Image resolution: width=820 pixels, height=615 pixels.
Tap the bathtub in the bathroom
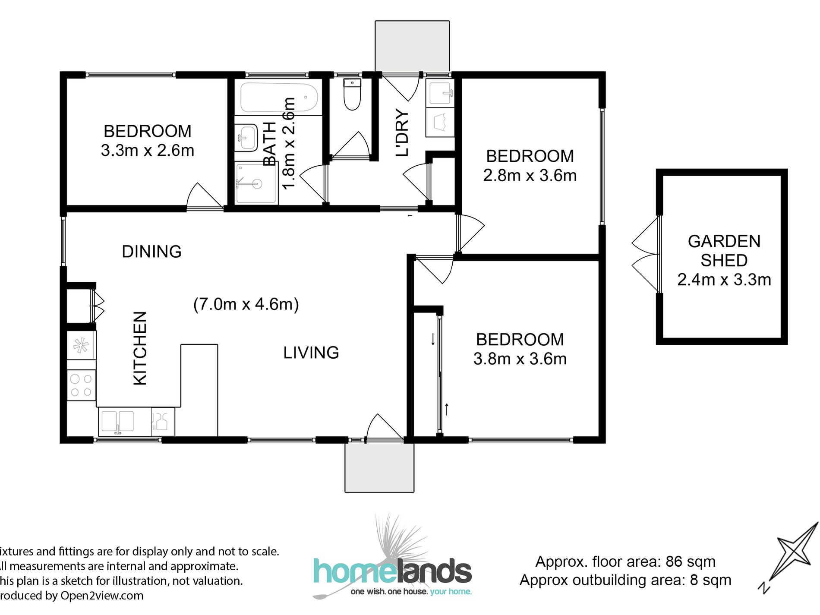click(279, 98)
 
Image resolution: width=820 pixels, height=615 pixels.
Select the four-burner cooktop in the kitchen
click(81, 385)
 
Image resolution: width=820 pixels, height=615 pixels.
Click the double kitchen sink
click(117, 422)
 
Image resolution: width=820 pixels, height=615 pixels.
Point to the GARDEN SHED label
click(724, 251)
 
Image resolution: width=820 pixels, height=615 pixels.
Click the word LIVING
click(311, 353)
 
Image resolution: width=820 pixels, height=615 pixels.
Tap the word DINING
click(151, 251)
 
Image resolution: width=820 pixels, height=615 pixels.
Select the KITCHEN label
click(140, 348)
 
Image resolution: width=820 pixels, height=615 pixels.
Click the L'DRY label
click(402, 132)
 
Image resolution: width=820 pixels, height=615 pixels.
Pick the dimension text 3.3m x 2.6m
click(148, 150)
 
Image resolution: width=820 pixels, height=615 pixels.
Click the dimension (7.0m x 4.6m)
click(246, 304)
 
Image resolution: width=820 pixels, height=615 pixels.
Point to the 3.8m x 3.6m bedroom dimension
click(520, 359)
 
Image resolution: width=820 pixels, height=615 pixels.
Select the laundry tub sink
click(440, 94)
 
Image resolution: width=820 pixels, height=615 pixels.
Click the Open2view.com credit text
click(102, 596)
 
